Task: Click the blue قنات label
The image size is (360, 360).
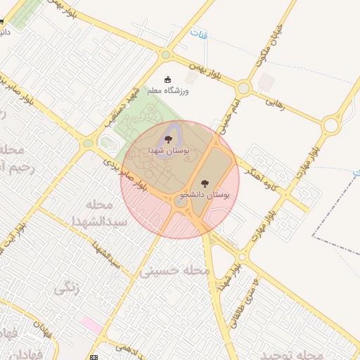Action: pyautogui.click(x=199, y=33)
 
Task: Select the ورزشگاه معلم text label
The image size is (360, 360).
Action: pyautogui.click(x=168, y=91)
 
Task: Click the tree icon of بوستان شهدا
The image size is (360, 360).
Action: pyautogui.click(x=168, y=139)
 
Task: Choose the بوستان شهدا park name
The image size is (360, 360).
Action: pyautogui.click(x=166, y=150)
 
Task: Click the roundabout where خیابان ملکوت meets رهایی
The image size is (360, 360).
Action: pyautogui.click(x=243, y=89)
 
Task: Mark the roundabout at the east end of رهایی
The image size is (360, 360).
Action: pyautogui.click(x=330, y=126)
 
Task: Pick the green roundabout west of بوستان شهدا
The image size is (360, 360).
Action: pyautogui.click(x=88, y=143)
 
